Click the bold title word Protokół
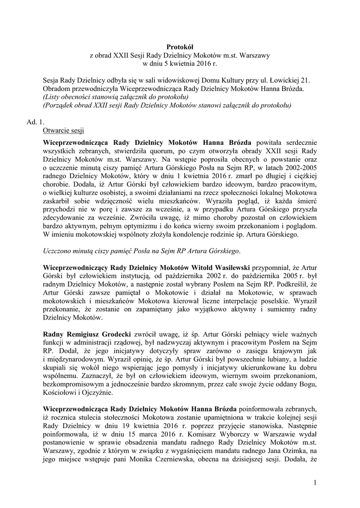(180, 46)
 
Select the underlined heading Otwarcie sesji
(64, 131)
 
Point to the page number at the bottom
(314, 483)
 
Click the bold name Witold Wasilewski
(219, 260)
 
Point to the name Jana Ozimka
(278, 462)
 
